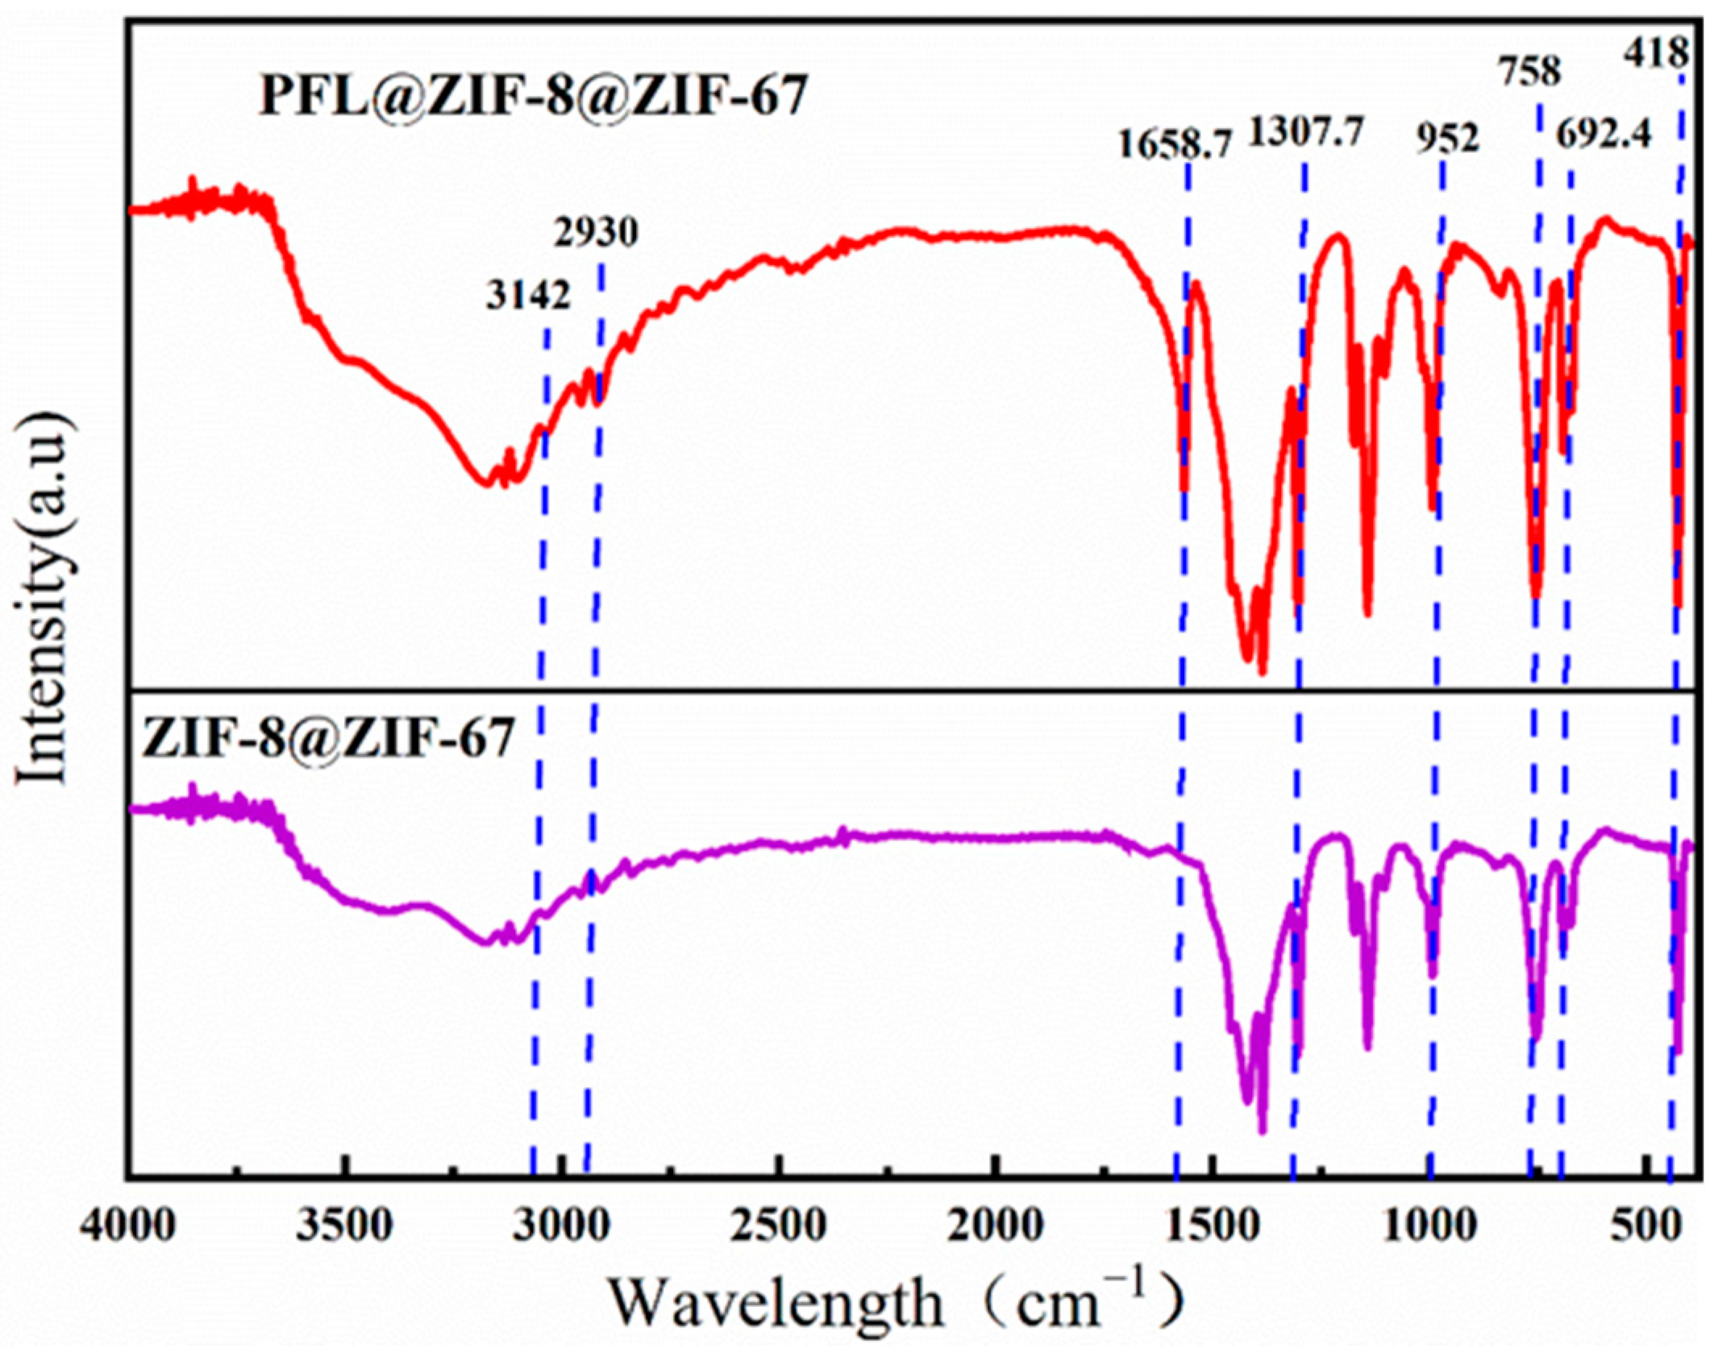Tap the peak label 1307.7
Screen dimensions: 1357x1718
pyautogui.click(x=1306, y=133)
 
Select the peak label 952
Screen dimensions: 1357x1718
pyautogui.click(x=1448, y=139)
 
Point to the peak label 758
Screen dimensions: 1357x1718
pyautogui.click(x=1530, y=73)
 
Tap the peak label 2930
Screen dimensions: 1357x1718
pyautogui.click(x=596, y=233)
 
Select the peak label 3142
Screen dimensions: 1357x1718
pyautogui.click(x=528, y=296)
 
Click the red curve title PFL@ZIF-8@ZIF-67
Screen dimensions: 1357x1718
pyautogui.click(x=533, y=98)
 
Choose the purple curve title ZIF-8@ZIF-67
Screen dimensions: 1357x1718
pyautogui.click(x=327, y=737)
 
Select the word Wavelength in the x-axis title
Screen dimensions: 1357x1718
pyautogui.click(x=775, y=1303)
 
